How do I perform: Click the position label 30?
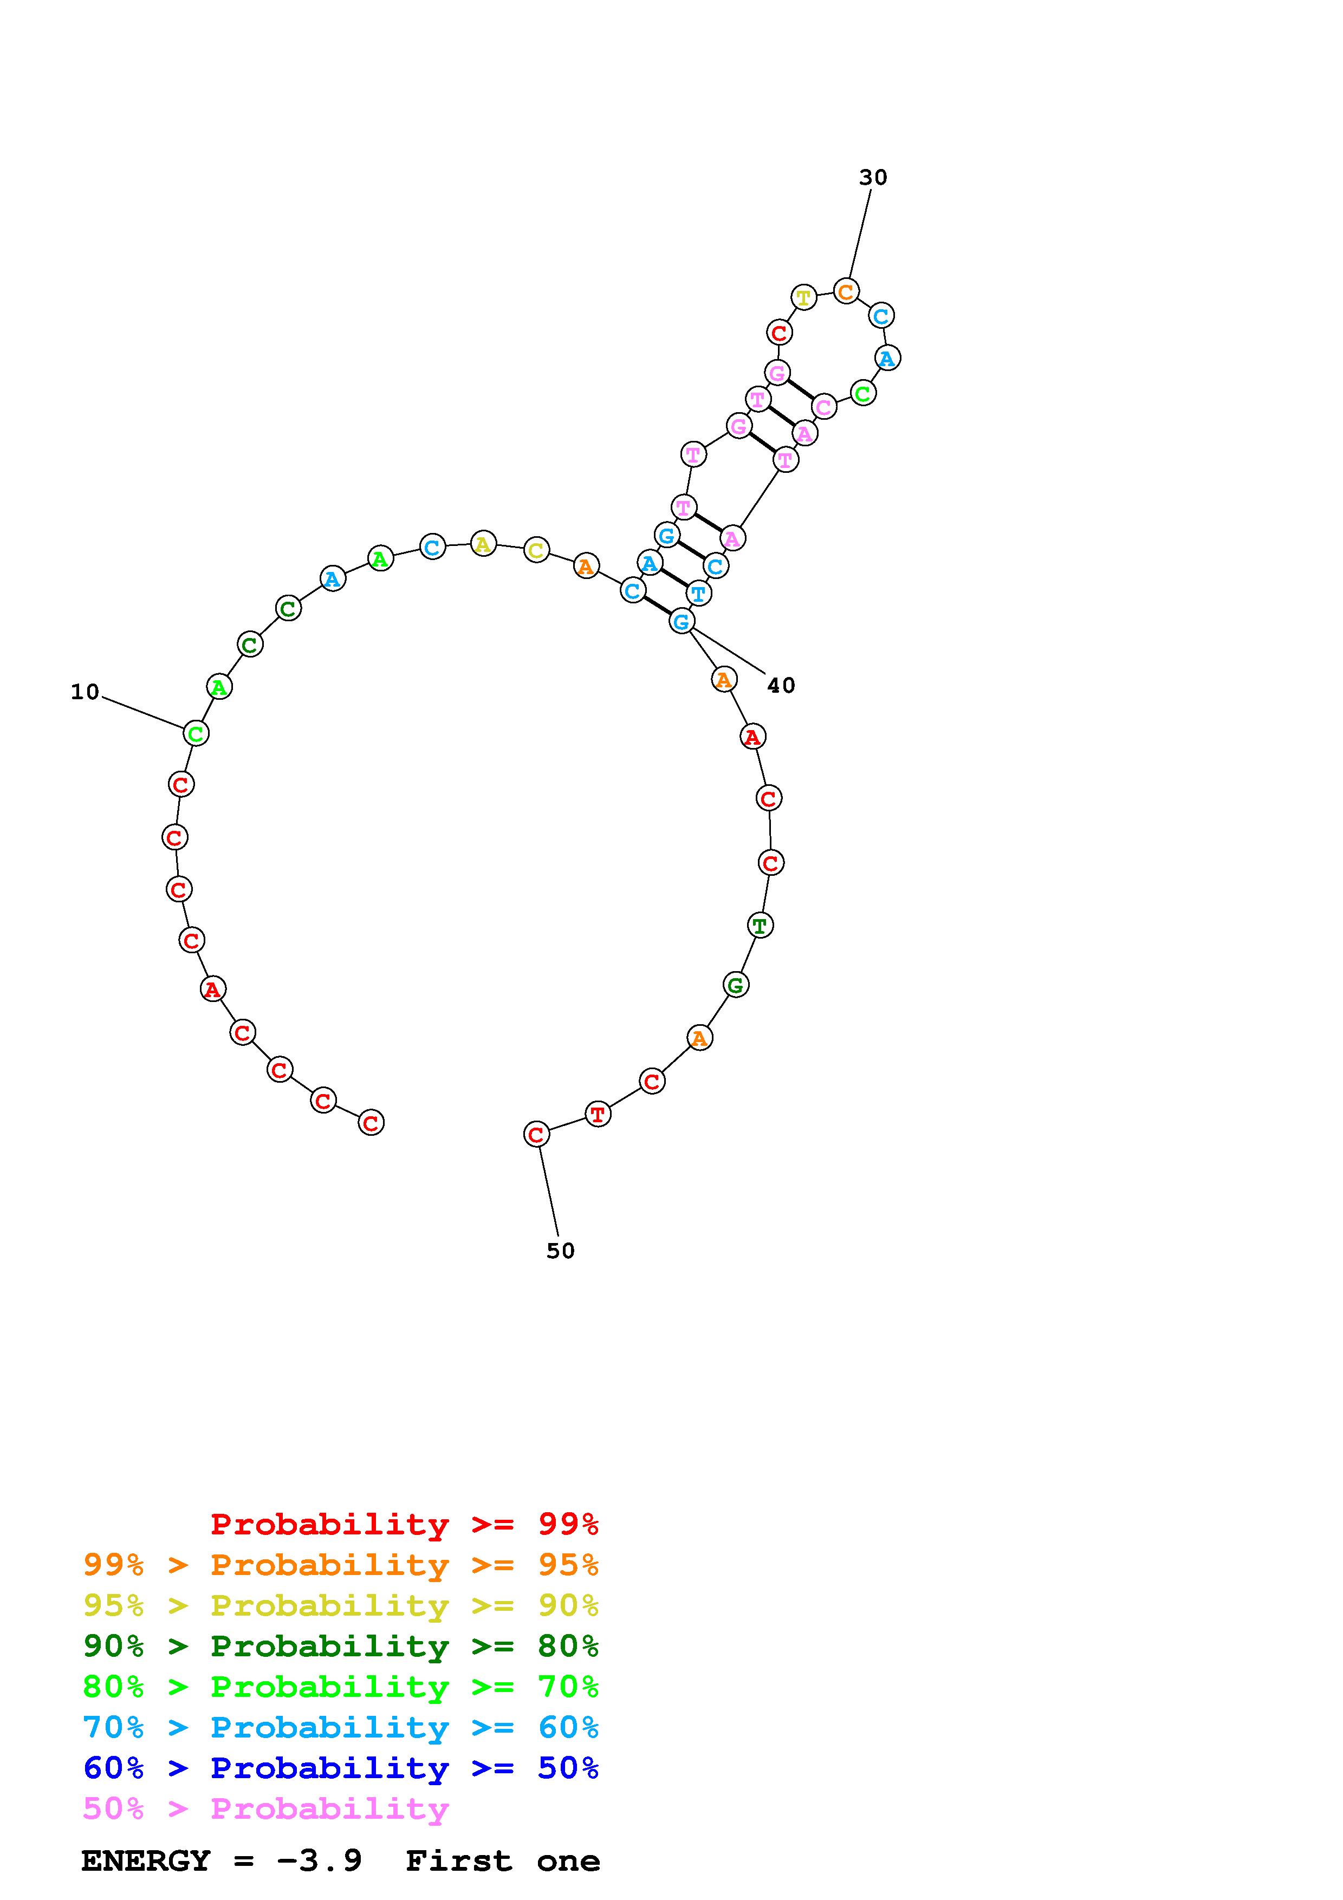pos(872,177)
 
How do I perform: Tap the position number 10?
pos(85,692)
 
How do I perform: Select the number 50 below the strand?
pos(560,1251)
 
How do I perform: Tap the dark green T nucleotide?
pos(760,925)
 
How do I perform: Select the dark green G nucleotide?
pos(736,985)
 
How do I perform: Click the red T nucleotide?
pos(598,1114)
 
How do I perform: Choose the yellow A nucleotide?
pos(483,544)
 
